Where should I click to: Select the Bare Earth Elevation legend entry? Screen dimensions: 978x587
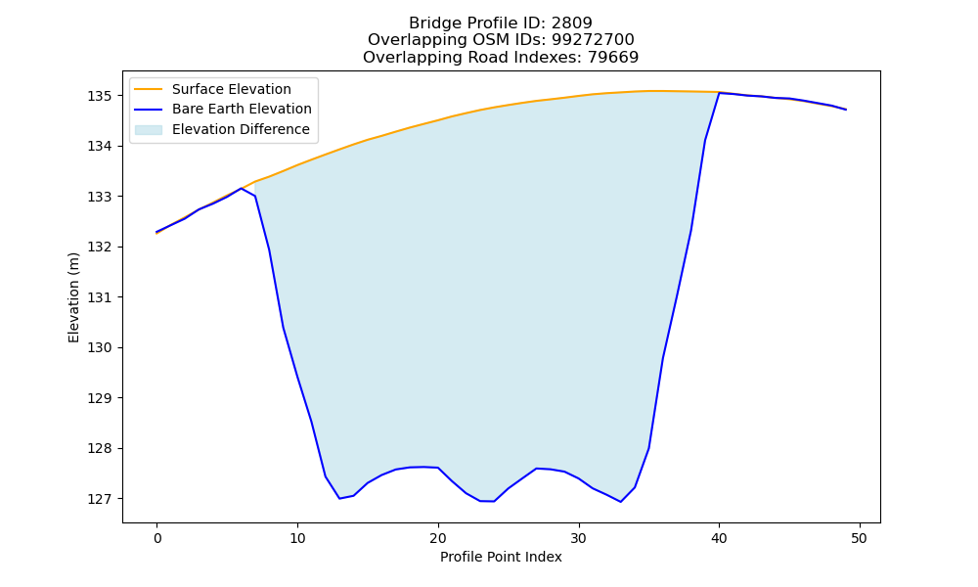click(223, 110)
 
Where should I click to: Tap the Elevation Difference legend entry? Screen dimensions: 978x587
click(222, 129)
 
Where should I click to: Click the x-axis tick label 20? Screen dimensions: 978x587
click(438, 538)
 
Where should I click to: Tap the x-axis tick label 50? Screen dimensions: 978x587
click(860, 538)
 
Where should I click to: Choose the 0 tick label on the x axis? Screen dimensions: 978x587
click(157, 538)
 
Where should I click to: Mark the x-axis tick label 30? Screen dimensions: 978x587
click(579, 538)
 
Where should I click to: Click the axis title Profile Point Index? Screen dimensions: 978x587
click(501, 557)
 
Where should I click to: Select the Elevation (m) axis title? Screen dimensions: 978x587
click(73, 297)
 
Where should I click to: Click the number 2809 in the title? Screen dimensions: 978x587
click(572, 23)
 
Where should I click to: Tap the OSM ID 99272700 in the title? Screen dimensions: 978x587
click(593, 40)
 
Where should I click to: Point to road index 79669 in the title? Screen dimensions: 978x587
click(613, 58)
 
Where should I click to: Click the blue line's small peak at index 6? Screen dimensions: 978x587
click(241, 189)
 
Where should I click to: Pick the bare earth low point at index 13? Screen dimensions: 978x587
click(339, 498)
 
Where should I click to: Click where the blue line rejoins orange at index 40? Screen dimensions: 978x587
click(719, 93)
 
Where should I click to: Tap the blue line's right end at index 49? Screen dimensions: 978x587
click(846, 110)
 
